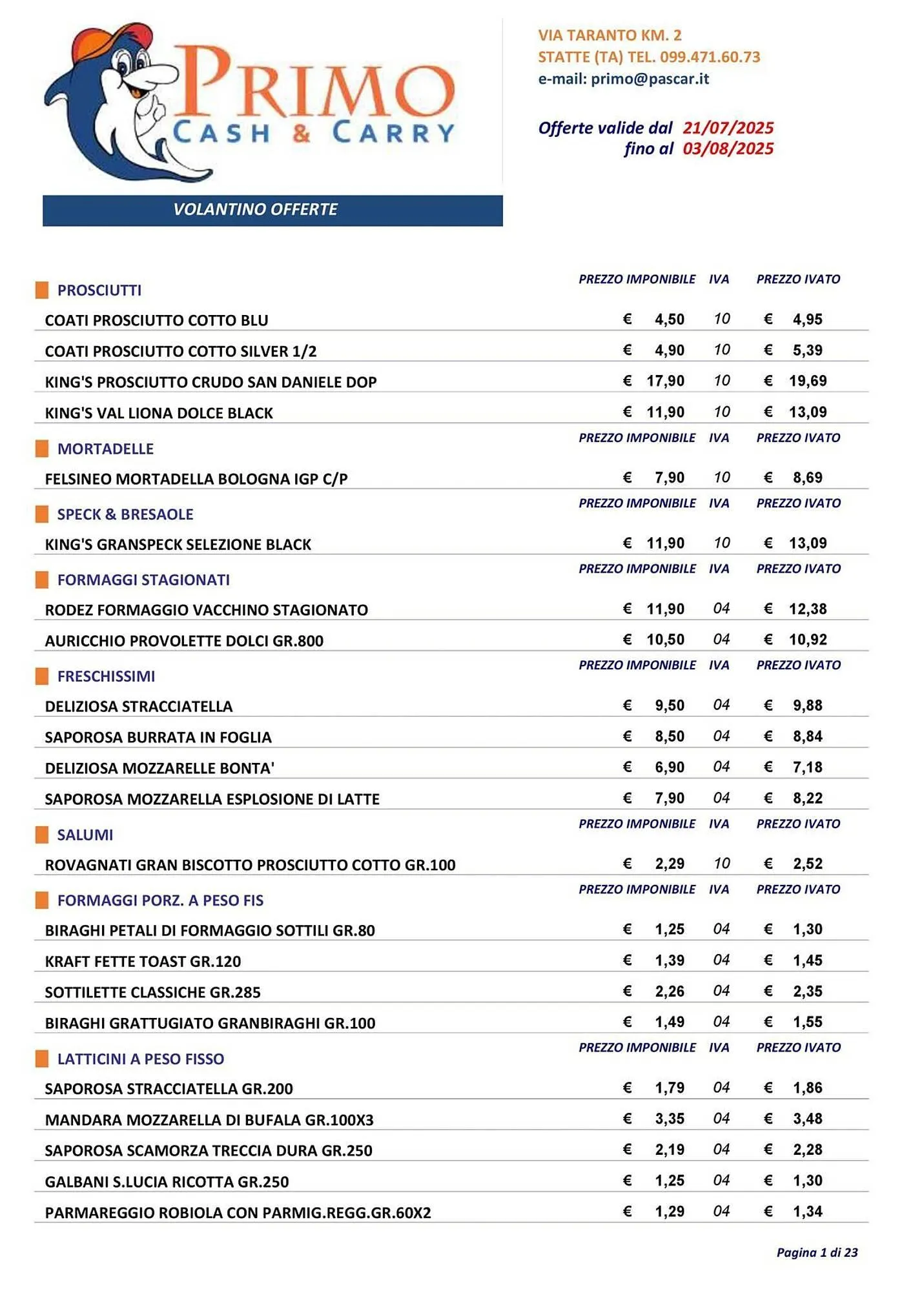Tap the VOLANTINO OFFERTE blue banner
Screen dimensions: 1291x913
tap(272, 210)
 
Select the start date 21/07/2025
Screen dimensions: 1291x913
tap(728, 128)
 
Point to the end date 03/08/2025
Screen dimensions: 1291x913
tap(728, 149)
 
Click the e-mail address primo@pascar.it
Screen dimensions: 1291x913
tap(650, 79)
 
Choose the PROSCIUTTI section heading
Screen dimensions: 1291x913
tap(99, 290)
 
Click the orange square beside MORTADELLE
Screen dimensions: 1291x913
tap(42, 449)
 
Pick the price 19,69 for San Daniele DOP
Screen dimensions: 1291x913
tap(807, 381)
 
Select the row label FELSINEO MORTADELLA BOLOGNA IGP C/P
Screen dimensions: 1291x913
tap(196, 479)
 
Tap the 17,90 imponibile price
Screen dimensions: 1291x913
tap(665, 381)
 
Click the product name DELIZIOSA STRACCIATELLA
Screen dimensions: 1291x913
tap(139, 706)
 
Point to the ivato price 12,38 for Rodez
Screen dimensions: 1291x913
tap(807, 609)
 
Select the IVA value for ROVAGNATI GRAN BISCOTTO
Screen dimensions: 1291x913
tap(721, 864)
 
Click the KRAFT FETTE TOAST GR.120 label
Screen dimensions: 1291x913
tap(143, 961)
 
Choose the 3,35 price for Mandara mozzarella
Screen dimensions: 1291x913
tap(669, 1119)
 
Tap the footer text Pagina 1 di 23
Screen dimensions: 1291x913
tap(817, 1253)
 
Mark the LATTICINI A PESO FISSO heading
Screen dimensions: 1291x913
tap(141, 1059)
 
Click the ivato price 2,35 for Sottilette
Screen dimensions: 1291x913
tap(807, 991)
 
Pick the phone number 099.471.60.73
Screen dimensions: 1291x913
tap(710, 57)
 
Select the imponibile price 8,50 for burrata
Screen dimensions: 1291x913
tap(669, 737)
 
